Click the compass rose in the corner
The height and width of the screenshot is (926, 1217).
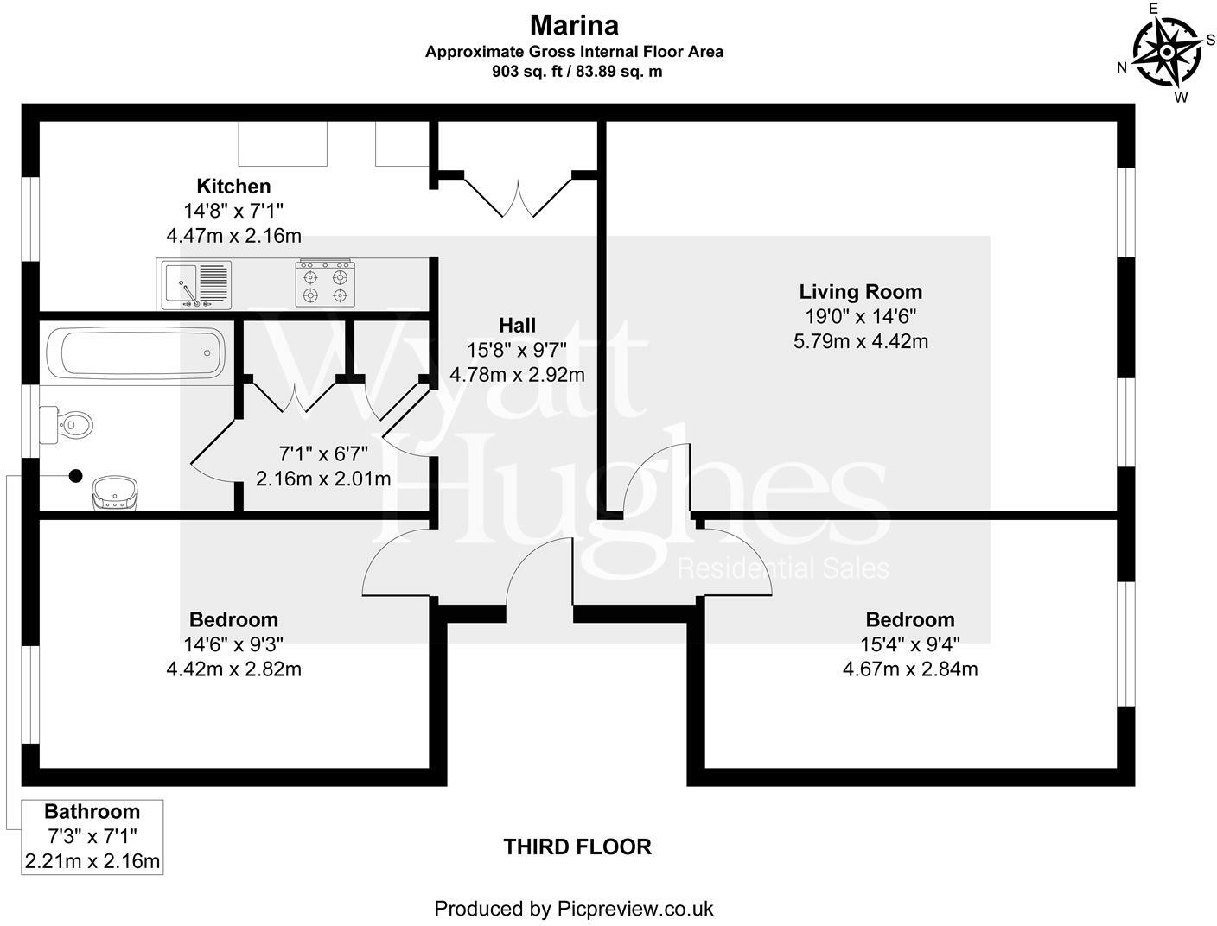(1167, 52)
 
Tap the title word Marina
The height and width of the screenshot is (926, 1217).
(574, 24)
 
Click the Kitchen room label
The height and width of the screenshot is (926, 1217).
(233, 186)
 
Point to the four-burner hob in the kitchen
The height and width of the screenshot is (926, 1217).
(326, 284)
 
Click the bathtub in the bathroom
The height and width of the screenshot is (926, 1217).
(136, 352)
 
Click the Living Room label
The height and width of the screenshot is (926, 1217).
(860, 292)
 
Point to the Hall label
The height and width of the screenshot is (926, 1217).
(517, 325)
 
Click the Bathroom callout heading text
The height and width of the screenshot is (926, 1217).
(92, 812)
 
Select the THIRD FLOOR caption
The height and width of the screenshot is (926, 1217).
(577, 847)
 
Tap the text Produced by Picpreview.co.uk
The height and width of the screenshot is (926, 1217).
(573, 909)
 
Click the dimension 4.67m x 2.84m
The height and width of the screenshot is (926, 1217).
(910, 669)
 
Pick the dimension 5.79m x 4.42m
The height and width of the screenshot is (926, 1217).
(861, 341)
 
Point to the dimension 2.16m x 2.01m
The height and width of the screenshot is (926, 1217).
(323, 478)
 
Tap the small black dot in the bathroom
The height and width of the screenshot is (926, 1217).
(75, 475)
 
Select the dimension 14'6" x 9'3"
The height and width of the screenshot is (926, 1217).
(233, 644)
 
